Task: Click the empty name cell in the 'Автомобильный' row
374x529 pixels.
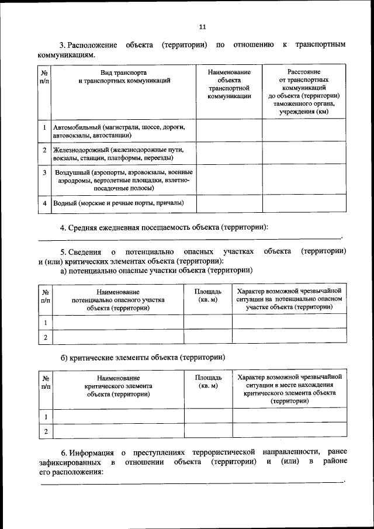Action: click(x=228, y=130)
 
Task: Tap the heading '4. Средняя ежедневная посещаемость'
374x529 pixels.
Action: click(x=164, y=227)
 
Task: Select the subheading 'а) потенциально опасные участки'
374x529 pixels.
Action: click(x=157, y=271)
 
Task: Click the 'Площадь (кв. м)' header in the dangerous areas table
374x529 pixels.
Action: click(x=208, y=295)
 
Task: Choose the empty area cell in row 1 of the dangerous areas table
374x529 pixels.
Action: click(x=208, y=321)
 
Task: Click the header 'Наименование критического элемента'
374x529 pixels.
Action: click(x=119, y=386)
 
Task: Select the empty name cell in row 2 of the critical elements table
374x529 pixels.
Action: click(x=119, y=431)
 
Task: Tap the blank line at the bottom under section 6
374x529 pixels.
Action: click(x=190, y=483)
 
